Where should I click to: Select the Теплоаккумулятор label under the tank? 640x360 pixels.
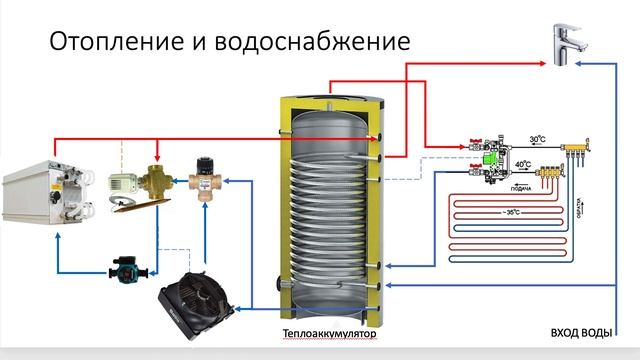coord(331,333)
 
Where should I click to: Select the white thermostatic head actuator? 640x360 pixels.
coord(122,181)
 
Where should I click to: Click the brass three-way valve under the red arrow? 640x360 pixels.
coord(156,182)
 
